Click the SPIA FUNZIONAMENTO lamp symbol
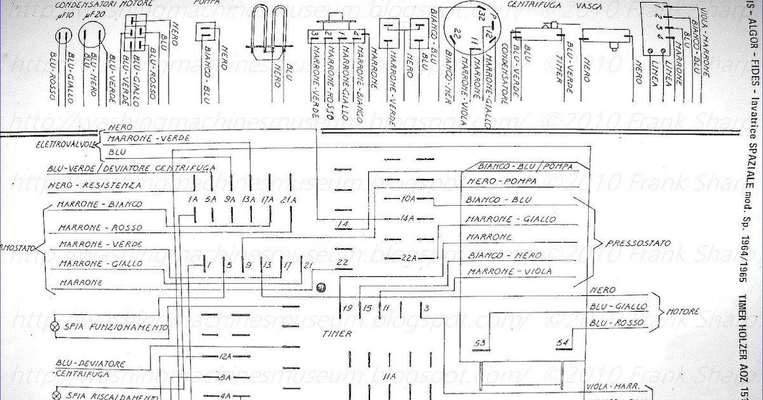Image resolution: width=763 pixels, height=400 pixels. coord(55,327)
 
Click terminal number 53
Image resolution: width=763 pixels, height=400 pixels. coord(479,343)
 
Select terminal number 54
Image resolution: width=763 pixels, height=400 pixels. coord(562,343)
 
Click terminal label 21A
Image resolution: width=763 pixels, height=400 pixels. coord(288,201)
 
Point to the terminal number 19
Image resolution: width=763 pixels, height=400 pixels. coord(347,308)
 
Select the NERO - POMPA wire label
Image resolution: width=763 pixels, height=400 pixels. coord(501,182)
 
